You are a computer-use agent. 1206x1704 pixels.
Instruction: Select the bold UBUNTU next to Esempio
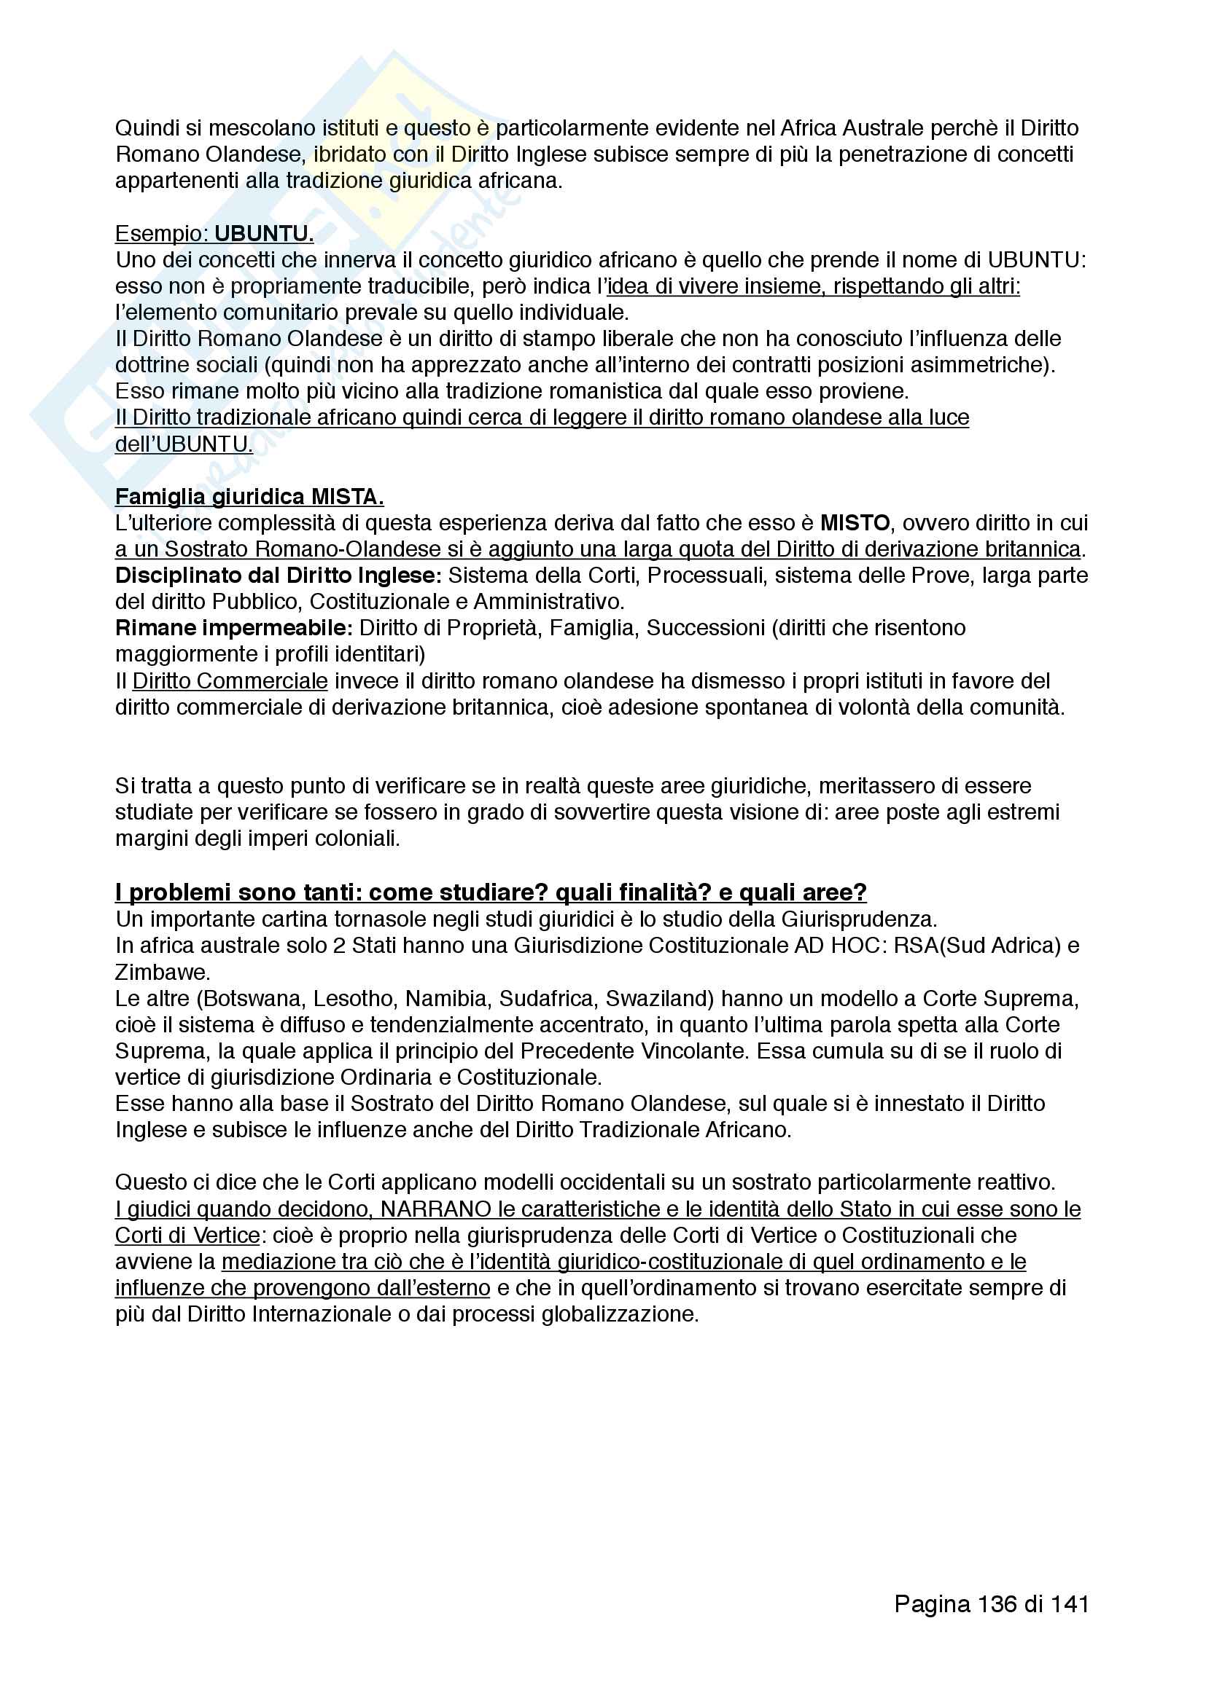click(264, 234)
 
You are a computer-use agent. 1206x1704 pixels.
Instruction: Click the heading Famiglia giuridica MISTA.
click(249, 497)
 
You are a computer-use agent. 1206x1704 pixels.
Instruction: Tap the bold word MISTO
click(855, 523)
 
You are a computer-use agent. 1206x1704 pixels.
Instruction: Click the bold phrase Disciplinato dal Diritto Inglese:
click(279, 576)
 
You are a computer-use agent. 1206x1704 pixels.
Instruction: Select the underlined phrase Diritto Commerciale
click(230, 680)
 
